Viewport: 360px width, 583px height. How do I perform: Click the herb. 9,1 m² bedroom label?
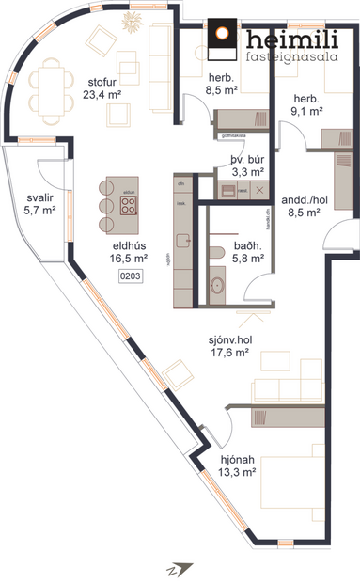point(307,104)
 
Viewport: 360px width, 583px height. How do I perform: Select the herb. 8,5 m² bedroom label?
point(221,87)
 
